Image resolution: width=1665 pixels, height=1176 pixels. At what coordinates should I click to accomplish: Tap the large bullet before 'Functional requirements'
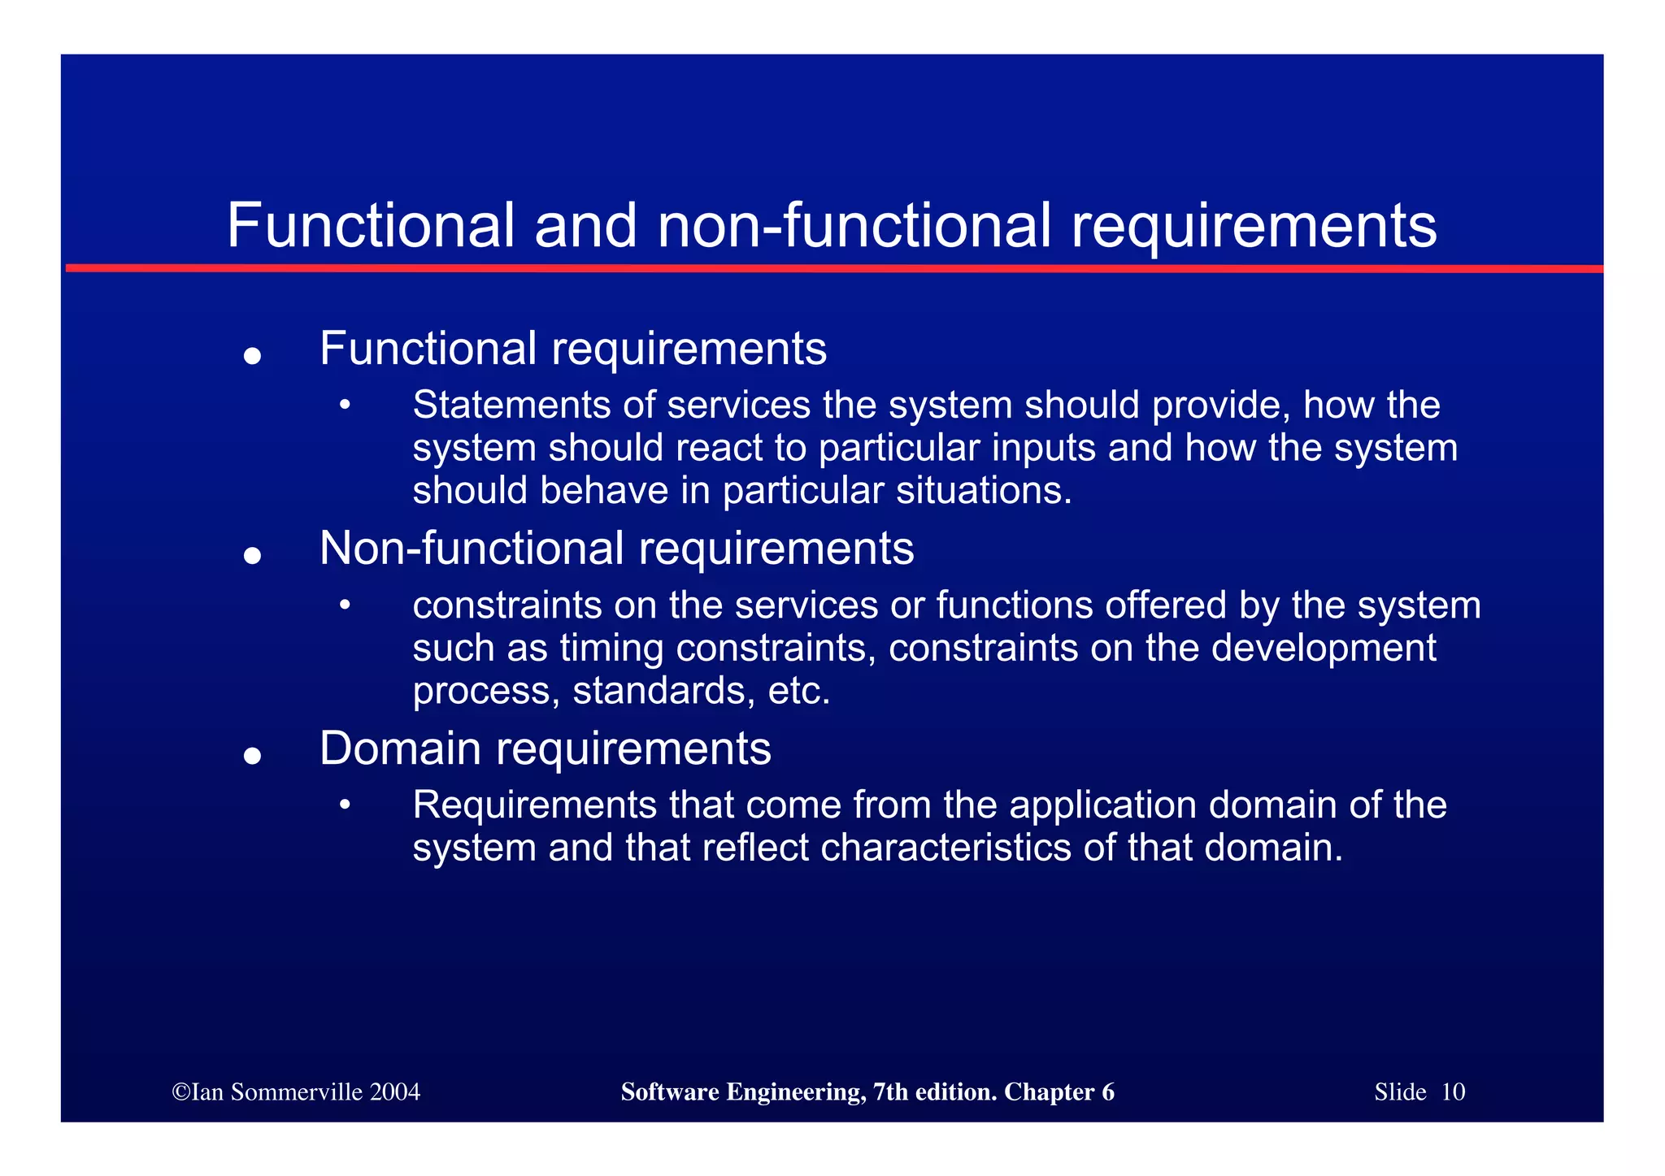tap(252, 355)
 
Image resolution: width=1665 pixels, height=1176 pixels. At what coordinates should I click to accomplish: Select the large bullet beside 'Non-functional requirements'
tap(252, 555)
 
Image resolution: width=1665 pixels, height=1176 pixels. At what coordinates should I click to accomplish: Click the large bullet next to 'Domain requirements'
tap(252, 755)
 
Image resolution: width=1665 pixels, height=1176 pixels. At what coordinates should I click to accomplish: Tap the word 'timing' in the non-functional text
tap(611, 649)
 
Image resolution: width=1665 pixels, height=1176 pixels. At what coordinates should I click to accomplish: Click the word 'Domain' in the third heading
tap(400, 748)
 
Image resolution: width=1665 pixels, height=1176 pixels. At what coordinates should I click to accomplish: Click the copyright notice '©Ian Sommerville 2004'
tap(296, 1091)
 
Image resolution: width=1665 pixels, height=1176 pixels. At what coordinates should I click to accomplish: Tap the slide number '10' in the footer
tap(1453, 1091)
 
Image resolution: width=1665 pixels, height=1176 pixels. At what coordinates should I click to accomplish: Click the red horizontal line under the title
tap(832, 268)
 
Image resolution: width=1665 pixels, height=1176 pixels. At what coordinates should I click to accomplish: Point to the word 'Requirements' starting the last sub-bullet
tap(534, 805)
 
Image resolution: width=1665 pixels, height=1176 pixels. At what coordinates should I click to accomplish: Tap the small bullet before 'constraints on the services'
tap(345, 604)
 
